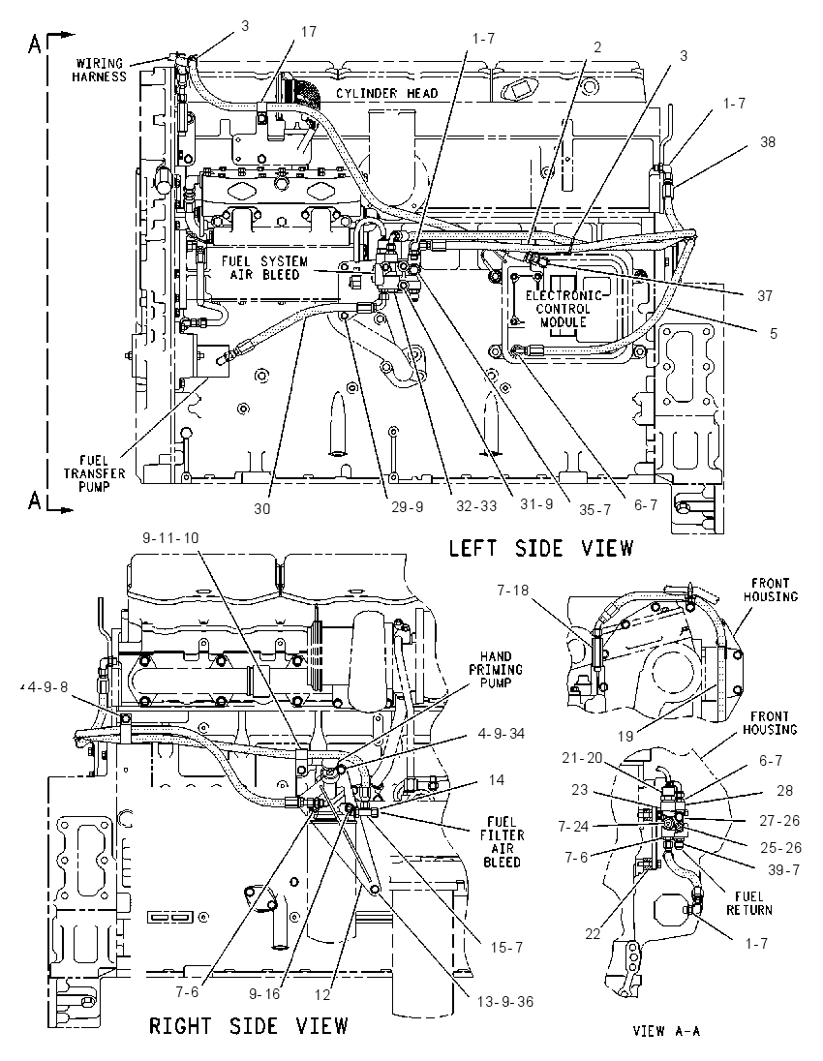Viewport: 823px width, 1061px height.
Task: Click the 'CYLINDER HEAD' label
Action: click(387, 93)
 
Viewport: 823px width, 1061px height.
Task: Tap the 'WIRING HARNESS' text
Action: click(100, 71)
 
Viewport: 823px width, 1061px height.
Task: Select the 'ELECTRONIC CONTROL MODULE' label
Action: click(564, 309)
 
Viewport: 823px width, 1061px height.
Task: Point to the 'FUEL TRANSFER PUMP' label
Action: click(95, 473)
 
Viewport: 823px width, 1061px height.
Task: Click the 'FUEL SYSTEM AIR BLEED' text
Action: click(264, 268)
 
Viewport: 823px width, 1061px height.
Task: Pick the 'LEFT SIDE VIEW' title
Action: click(541, 547)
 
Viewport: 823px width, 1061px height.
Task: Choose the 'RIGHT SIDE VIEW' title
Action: click(249, 1025)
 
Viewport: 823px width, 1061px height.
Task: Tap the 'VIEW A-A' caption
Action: click(666, 1031)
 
